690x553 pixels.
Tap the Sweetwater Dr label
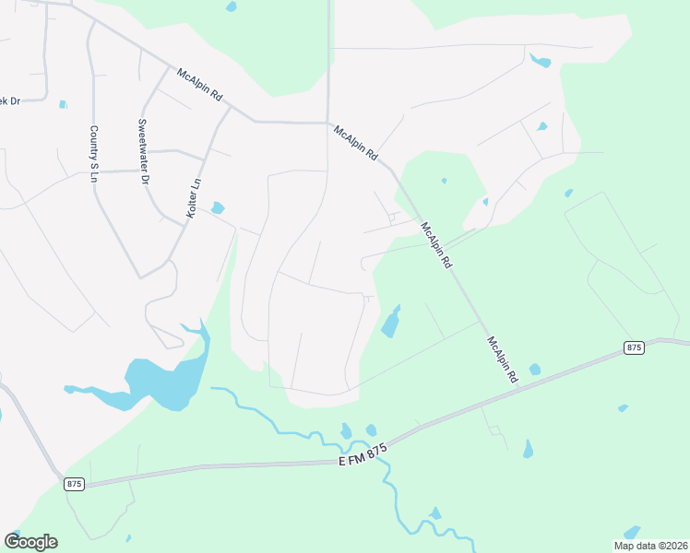point(142,152)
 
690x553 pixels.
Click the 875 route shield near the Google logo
point(75,483)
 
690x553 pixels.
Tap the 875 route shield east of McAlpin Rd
point(633,347)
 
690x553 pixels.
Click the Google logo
point(30,542)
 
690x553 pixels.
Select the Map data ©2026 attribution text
point(650,546)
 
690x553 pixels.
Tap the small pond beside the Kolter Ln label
point(218,207)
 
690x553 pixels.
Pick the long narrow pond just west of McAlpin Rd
point(391,322)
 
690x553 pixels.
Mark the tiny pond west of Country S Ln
point(63,104)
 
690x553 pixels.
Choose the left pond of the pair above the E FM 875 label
point(346,431)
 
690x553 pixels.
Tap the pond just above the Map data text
point(632,532)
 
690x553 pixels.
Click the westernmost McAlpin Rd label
point(202,83)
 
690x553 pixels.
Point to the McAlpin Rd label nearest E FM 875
point(502,360)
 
